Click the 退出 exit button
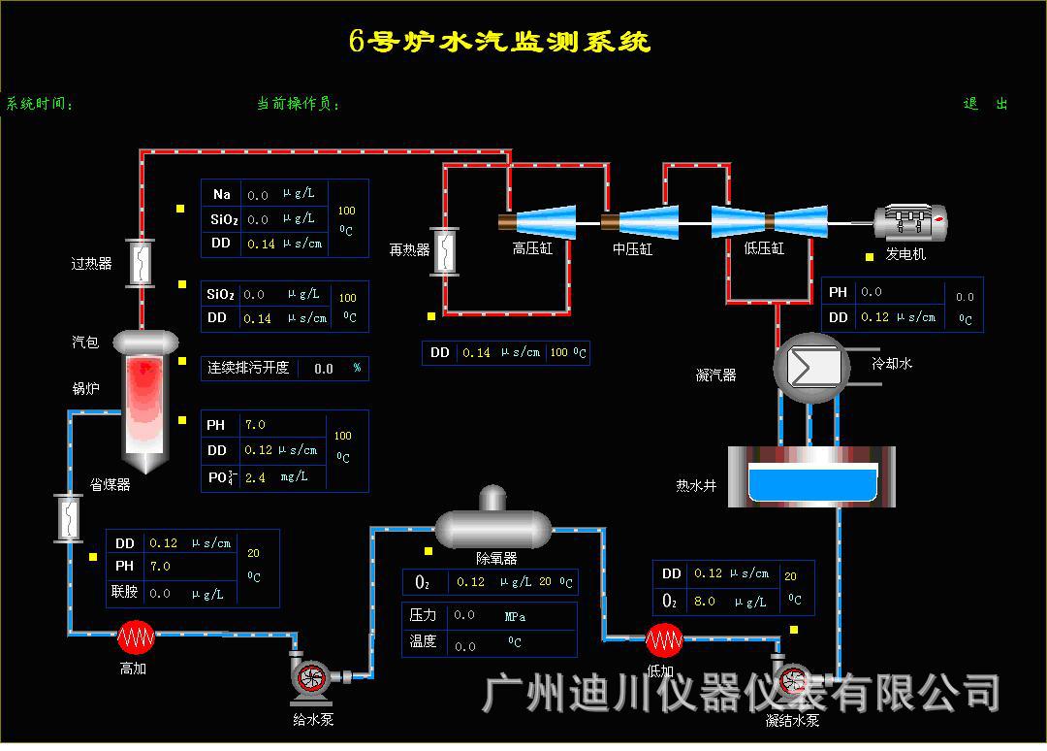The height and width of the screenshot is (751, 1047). tap(985, 104)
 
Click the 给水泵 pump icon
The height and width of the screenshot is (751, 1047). tap(312, 676)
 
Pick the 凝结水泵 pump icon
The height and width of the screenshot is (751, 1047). tap(792, 678)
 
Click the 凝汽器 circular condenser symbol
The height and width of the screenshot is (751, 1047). tap(810, 368)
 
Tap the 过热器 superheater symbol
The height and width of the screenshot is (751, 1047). tap(142, 262)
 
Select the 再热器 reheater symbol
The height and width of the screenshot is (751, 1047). tap(446, 250)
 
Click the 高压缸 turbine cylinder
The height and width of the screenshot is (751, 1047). tap(539, 221)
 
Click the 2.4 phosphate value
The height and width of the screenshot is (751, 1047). tap(255, 477)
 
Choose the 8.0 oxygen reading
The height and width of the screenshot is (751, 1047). tap(705, 601)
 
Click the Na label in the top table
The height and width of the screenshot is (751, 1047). tap(222, 194)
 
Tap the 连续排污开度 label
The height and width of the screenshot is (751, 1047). tap(248, 369)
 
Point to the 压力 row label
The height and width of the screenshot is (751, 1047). tap(424, 615)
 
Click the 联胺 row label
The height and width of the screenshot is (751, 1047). tap(124, 592)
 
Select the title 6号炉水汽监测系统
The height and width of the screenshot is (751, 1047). tap(500, 42)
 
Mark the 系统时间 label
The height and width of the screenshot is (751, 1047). tap(40, 104)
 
